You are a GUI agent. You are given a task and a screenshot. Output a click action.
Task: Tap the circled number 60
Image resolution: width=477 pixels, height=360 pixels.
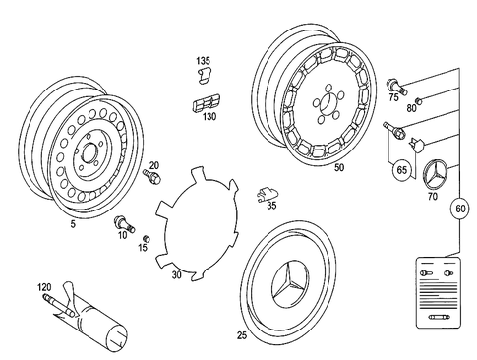[459, 209]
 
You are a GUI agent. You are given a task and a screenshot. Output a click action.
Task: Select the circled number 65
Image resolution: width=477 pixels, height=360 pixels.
[402, 170]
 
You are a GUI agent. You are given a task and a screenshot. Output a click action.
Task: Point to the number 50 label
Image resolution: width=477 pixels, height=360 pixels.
[338, 168]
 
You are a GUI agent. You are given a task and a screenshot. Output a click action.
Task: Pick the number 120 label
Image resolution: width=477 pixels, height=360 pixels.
[44, 288]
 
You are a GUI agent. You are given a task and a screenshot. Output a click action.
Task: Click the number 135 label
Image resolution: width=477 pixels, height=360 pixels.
[203, 61]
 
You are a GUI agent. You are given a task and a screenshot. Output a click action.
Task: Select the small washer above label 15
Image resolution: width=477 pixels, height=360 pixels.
[145, 239]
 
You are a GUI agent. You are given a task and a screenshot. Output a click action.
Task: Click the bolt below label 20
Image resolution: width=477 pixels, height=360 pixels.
[152, 178]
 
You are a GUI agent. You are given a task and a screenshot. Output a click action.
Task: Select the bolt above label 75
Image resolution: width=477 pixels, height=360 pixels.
[394, 84]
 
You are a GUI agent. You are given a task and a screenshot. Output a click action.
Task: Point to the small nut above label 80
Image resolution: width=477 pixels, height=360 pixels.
[416, 100]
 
